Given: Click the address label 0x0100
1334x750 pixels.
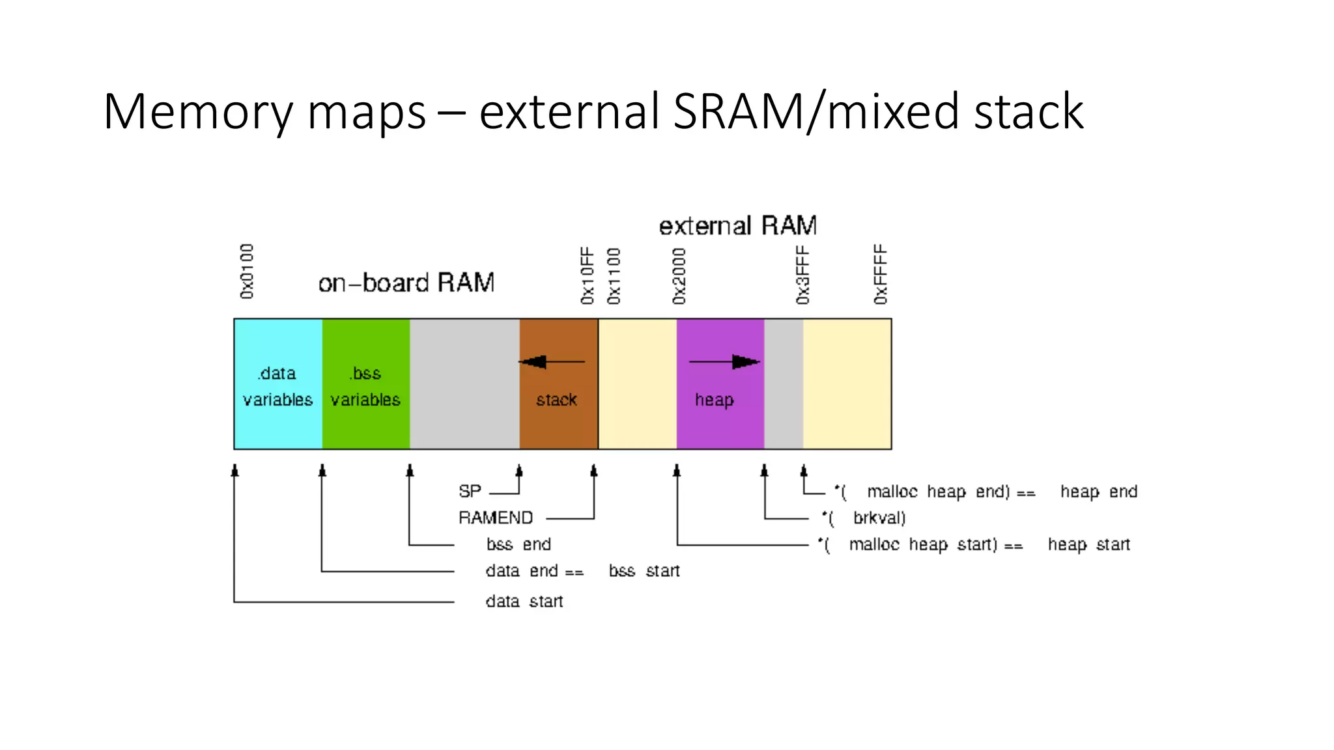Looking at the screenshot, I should [247, 271].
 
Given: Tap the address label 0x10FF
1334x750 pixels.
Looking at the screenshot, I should [588, 275].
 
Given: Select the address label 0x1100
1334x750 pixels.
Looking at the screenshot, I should [614, 275].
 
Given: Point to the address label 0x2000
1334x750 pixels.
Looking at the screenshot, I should [679, 275].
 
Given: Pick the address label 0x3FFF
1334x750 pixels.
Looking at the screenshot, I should [802, 275].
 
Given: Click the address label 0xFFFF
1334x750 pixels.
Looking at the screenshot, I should [881, 274].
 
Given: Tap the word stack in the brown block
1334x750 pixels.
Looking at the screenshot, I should [556, 400].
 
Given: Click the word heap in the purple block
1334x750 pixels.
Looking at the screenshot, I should [714, 400].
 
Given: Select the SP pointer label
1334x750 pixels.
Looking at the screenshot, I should [470, 491].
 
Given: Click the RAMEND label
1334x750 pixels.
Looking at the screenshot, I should [496, 518].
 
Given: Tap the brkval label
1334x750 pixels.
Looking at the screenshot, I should [879, 518].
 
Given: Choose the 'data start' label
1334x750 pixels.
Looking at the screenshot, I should [524, 601].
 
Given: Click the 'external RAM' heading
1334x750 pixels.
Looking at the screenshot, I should [737, 226].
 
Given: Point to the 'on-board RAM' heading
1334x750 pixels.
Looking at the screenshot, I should [406, 283].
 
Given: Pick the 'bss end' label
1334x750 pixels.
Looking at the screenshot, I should [518, 544].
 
